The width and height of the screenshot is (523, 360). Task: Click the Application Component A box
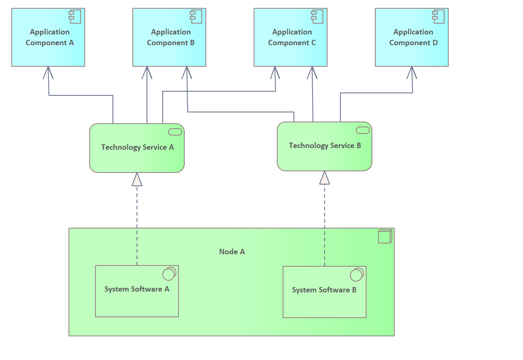(x=48, y=37)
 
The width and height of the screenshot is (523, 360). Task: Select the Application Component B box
(x=169, y=37)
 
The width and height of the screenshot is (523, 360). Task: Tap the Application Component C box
(x=291, y=37)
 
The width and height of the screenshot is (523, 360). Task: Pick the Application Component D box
(x=412, y=37)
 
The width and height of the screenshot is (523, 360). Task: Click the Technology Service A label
(x=137, y=147)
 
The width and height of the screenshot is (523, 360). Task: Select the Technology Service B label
(x=325, y=146)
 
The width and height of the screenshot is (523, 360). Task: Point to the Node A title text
(x=232, y=252)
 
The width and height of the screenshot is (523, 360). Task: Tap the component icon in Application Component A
(x=75, y=17)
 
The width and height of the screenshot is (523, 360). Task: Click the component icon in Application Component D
(x=438, y=17)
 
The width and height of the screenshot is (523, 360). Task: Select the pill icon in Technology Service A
(x=175, y=132)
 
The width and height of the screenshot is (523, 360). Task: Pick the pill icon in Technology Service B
(x=363, y=130)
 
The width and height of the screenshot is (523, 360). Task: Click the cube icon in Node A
(x=385, y=236)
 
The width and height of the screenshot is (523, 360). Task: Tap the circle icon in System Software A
(x=169, y=274)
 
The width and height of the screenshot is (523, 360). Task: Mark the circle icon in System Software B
(x=357, y=275)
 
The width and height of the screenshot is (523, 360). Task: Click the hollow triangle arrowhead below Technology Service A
(x=137, y=180)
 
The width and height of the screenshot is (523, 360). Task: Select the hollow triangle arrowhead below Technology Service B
(x=325, y=178)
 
